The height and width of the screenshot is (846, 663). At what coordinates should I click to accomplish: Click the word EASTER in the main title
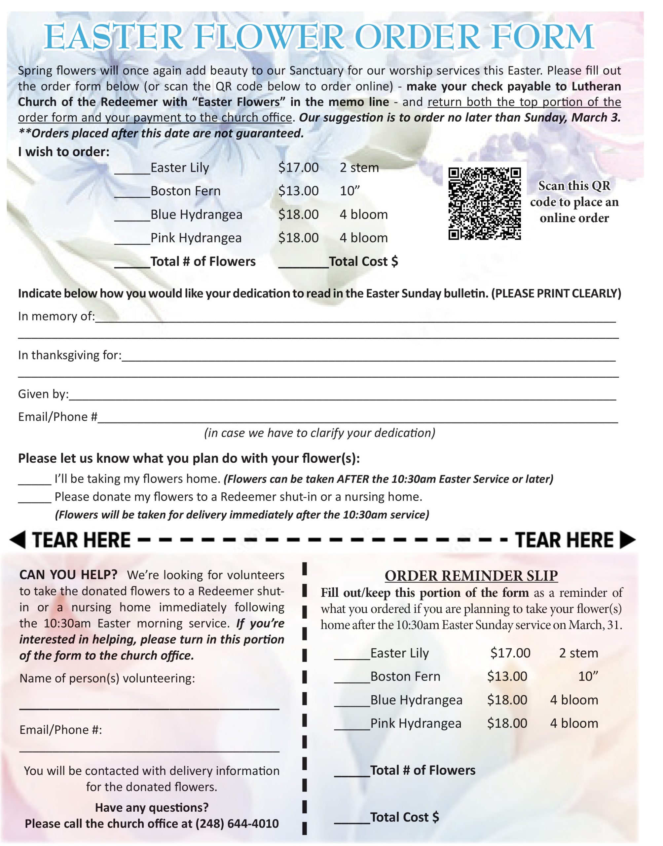pos(113,37)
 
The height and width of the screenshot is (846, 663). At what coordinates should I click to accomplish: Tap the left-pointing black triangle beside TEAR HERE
pos(18,540)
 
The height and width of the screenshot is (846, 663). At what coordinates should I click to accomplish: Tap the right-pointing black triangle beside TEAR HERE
pos(627,540)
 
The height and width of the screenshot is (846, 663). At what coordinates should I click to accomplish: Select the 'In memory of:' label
pos(56,317)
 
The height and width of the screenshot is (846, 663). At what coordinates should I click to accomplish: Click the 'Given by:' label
pos(43,394)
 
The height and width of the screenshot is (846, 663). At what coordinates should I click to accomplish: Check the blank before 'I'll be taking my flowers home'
pos(35,480)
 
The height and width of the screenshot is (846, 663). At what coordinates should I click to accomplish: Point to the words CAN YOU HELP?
pos(68,575)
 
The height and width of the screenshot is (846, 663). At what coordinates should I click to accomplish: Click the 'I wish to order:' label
pos(64,152)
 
